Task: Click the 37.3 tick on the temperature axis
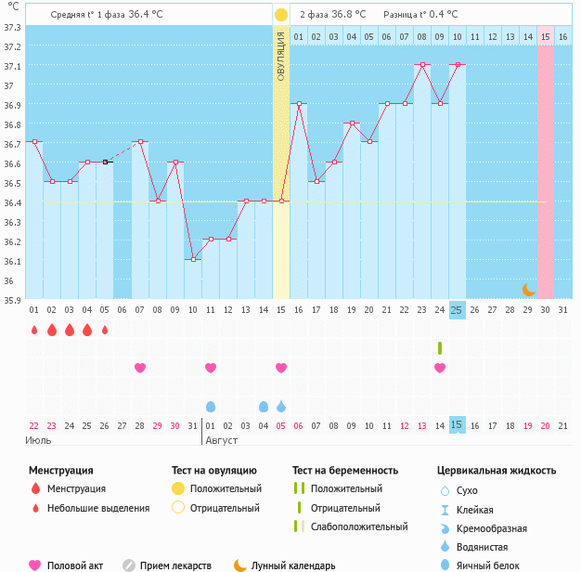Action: [12, 27]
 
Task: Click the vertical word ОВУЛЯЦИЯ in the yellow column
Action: [281, 56]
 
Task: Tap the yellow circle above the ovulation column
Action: [281, 15]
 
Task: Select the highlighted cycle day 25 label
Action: [457, 309]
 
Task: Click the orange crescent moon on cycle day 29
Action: [528, 290]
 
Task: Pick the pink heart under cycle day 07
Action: [140, 368]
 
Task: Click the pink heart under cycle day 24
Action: [440, 368]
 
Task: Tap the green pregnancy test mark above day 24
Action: [440, 347]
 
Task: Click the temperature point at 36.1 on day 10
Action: [193, 260]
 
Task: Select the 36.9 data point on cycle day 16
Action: [299, 104]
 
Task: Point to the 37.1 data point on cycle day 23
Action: [422, 65]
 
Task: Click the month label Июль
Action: [38, 439]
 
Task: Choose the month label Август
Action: [222, 439]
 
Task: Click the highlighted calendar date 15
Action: [457, 424]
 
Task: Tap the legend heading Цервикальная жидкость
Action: [497, 471]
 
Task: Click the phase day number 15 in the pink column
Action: [546, 36]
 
